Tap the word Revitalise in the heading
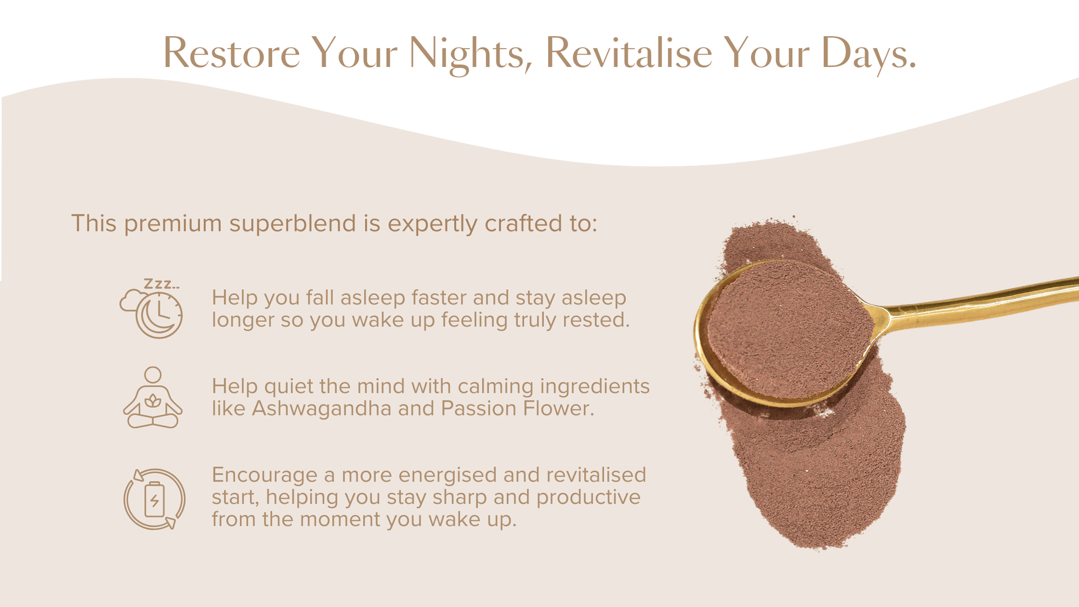(x=629, y=53)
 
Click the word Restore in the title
(x=231, y=53)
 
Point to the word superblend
(x=292, y=224)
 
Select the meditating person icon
(x=153, y=398)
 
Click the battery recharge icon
(x=154, y=499)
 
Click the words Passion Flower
(x=517, y=408)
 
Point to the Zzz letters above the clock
(x=161, y=284)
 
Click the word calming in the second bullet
(x=495, y=387)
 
